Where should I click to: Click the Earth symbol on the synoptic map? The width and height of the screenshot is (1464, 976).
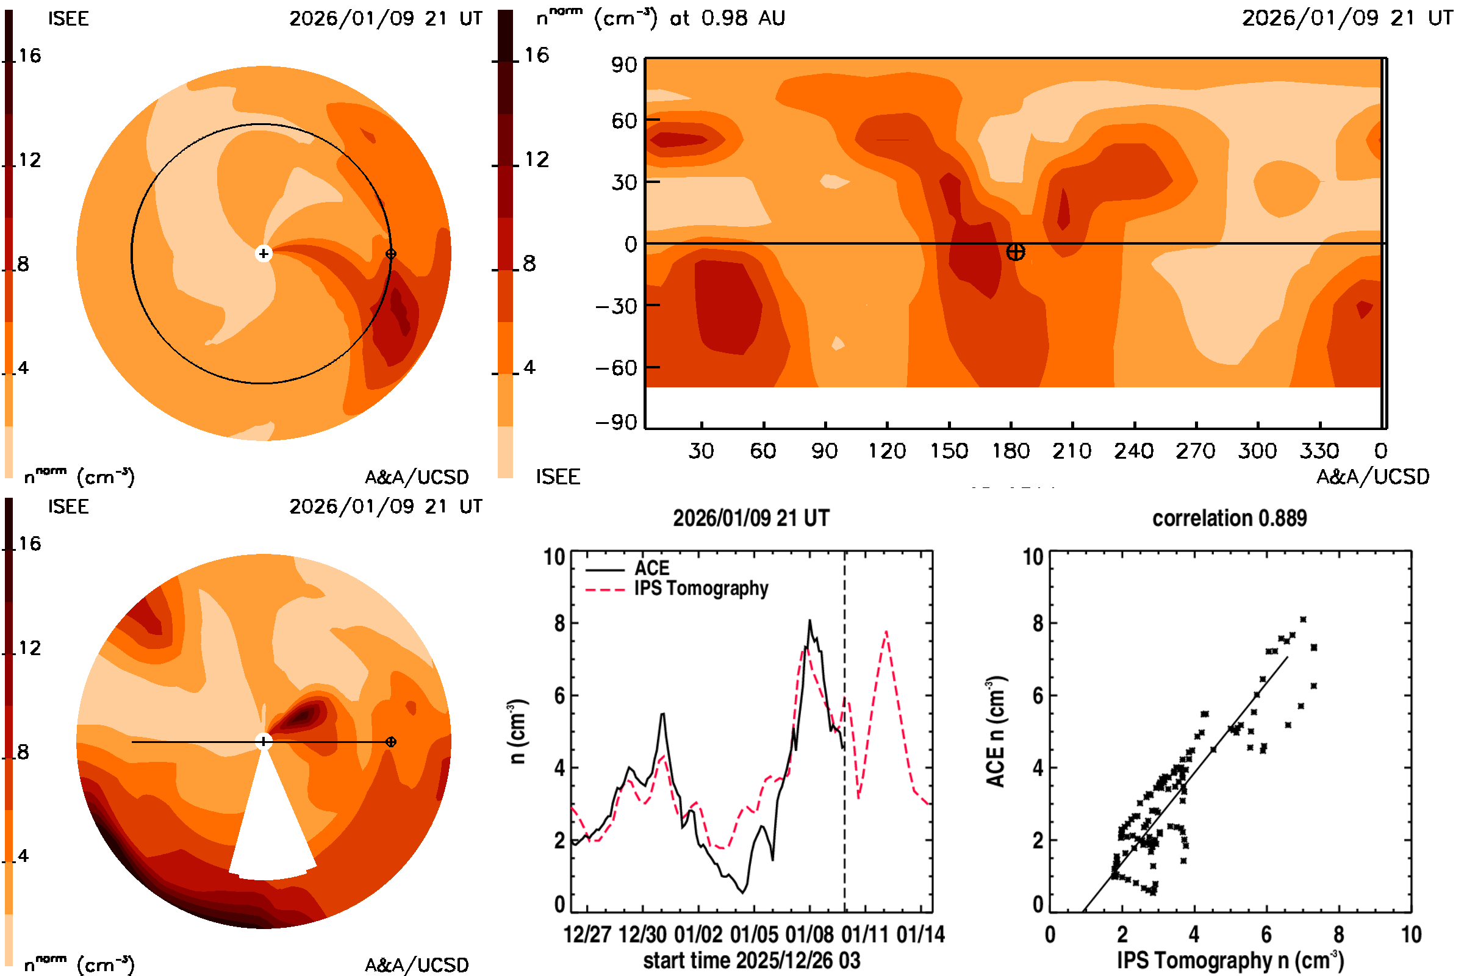[x=1015, y=252]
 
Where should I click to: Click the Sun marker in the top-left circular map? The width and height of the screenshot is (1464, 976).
[x=264, y=253]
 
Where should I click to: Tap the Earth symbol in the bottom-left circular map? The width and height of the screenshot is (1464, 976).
[x=391, y=742]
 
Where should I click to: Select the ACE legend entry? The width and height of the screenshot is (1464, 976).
[x=651, y=569]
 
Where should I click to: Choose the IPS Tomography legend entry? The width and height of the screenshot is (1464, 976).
[x=701, y=588]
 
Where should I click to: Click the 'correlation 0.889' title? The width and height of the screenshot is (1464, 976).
[x=1229, y=518]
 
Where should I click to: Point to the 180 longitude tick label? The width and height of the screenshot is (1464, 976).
[x=1011, y=451]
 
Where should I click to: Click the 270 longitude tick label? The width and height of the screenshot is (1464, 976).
[x=1196, y=451]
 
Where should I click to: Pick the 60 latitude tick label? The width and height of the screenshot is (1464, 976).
[x=623, y=121]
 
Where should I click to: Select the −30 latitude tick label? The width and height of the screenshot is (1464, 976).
[x=616, y=306]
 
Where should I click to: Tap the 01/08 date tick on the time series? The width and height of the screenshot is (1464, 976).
[x=809, y=935]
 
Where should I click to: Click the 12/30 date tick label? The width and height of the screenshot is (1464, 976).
[x=642, y=935]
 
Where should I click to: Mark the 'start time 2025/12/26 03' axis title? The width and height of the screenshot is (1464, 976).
[x=752, y=960]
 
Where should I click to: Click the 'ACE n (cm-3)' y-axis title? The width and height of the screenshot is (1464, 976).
[x=996, y=731]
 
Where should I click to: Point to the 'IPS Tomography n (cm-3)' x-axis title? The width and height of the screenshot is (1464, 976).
[x=1230, y=960]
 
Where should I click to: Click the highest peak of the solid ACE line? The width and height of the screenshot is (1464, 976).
[x=810, y=620]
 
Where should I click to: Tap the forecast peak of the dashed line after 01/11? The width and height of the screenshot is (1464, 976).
[x=886, y=632]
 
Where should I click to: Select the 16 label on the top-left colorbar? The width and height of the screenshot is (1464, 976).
[x=29, y=56]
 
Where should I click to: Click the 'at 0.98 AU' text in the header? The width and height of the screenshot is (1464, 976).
[x=727, y=18]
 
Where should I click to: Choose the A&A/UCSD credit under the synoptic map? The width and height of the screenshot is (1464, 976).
[x=1372, y=477]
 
